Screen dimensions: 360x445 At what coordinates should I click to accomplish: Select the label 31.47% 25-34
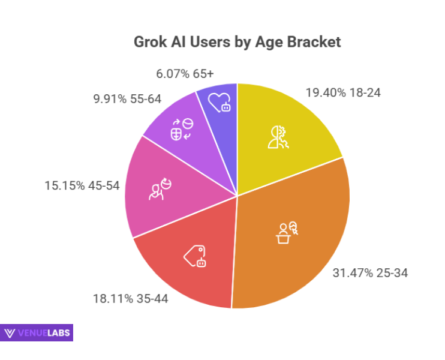click(x=370, y=273)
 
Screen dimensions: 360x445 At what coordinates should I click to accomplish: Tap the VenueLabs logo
click(x=37, y=332)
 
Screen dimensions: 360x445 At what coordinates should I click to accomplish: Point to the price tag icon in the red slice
click(x=195, y=256)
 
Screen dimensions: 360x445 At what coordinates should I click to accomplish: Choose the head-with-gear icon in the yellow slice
click(x=279, y=136)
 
